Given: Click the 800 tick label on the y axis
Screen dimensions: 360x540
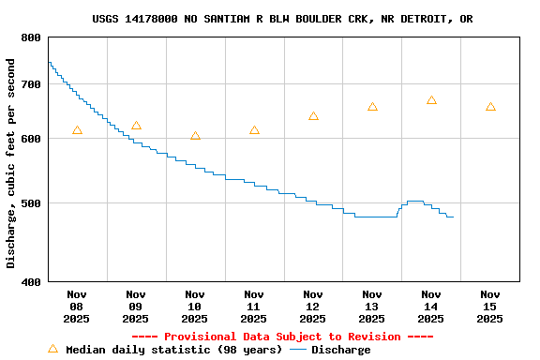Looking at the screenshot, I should point(31,37).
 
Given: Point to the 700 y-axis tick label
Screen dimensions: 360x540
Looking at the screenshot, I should point(31,84).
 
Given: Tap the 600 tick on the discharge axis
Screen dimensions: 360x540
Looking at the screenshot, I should point(31,139).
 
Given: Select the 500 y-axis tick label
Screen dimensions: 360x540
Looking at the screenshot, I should point(31,203).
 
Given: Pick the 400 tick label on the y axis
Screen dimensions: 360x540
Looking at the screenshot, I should point(31,281).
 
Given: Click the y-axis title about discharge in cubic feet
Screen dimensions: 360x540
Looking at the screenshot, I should point(11,163).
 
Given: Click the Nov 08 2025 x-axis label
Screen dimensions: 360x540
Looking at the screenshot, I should point(77,306).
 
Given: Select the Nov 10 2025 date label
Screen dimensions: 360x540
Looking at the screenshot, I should point(195,306).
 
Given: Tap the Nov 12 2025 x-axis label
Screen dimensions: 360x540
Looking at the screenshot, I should point(313,306).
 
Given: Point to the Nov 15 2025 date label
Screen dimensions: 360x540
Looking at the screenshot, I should point(489,306).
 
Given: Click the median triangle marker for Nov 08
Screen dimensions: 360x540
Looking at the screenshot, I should point(77,130).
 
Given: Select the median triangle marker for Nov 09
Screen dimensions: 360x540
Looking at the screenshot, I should point(136,126).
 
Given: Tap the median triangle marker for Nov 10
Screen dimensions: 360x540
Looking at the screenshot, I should point(195,136).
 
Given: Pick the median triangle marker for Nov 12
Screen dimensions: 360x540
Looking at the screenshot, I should point(313,116).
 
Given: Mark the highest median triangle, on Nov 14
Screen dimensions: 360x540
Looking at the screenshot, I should point(431,100).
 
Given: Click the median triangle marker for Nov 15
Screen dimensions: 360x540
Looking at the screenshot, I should point(490,107).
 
